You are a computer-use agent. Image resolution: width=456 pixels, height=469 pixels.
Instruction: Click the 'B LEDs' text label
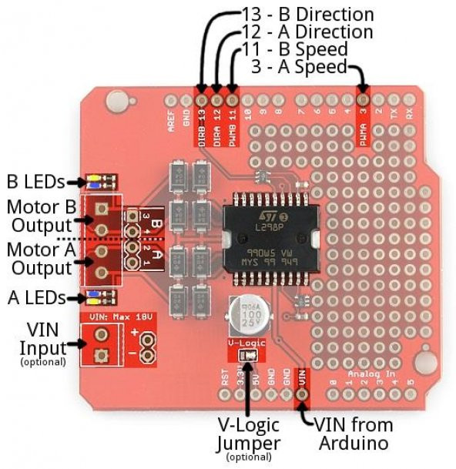pos(35,183)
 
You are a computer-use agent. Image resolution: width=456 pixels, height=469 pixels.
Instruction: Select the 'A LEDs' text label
pos(35,296)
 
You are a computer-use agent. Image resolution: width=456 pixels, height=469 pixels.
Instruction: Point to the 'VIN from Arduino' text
pos(353,434)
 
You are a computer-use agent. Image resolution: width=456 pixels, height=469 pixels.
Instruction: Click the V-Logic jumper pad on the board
pos(248,356)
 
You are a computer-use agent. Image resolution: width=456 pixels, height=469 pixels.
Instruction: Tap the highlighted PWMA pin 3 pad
pos(364,100)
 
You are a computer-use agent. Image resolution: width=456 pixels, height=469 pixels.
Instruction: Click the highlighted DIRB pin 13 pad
pos(202,100)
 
